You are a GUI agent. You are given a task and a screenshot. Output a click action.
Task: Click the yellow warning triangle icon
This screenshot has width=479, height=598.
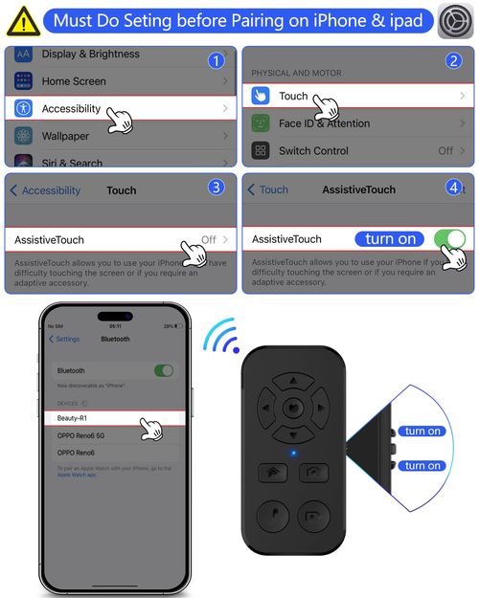click(22, 20)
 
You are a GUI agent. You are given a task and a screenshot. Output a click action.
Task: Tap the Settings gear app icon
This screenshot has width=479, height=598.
click(455, 21)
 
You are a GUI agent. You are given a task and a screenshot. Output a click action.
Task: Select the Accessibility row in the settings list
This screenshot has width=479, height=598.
click(72, 109)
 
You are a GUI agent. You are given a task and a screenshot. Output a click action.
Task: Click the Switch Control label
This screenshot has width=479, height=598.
click(313, 151)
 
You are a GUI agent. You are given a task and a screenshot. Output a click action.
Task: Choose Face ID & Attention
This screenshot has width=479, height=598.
click(324, 123)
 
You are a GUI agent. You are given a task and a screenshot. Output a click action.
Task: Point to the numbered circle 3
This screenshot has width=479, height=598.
click(217, 187)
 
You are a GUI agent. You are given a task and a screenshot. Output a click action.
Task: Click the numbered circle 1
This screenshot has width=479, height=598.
click(217, 60)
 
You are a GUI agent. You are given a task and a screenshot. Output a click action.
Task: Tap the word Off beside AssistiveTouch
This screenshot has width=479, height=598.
click(208, 239)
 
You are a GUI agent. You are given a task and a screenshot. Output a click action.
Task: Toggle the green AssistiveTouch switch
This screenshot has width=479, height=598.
click(449, 238)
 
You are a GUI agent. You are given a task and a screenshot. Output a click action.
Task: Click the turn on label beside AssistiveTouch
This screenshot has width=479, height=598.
click(391, 239)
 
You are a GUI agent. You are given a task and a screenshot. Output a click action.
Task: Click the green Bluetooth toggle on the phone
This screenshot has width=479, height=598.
click(164, 370)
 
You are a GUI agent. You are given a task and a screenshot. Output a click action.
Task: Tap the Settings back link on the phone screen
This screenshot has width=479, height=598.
click(65, 339)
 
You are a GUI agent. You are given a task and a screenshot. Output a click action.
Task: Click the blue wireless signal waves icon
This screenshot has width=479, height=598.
click(220, 337)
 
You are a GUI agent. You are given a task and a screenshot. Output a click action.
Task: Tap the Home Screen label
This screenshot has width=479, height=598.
click(74, 82)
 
